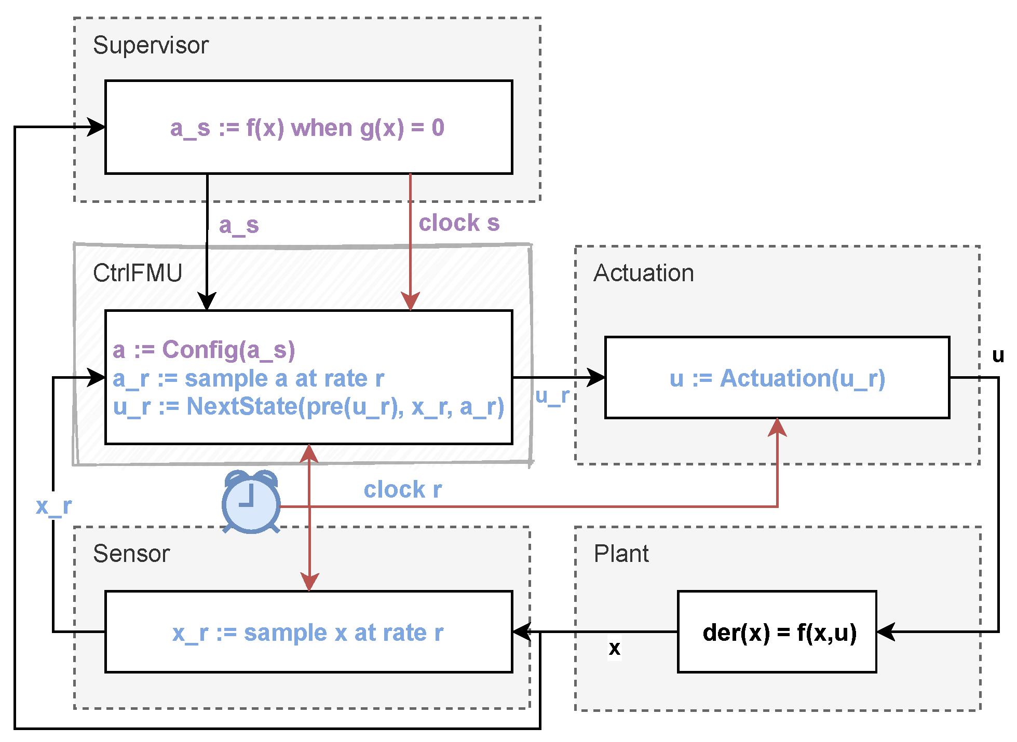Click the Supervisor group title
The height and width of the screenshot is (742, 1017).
coord(151,46)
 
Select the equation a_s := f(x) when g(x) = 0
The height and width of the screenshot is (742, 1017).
coord(307,128)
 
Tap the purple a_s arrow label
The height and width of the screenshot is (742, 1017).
coord(239,225)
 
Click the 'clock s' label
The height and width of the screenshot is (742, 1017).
coord(459,223)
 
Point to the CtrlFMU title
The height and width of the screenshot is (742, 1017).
coord(138,273)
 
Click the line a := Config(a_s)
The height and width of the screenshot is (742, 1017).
coord(204,350)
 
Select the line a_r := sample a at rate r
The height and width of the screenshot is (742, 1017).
coord(248,379)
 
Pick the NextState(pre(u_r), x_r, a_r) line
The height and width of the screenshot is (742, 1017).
coord(308,407)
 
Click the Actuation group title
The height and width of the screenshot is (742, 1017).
coord(644,273)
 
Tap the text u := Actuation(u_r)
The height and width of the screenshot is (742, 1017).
coord(777,378)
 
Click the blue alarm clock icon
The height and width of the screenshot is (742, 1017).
coord(251,502)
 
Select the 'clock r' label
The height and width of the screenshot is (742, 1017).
coord(402,490)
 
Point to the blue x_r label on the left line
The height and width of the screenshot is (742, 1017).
coord(53,506)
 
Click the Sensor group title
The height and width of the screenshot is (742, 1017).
coord(131,554)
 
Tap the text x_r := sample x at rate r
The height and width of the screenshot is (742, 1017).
coord(308,633)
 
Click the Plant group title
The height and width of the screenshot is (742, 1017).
coord(621,554)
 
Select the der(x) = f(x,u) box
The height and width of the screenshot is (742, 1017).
coord(777,632)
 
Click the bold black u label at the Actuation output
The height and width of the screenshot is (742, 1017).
coord(998,356)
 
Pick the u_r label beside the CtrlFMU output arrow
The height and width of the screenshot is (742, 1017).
coord(552,396)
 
